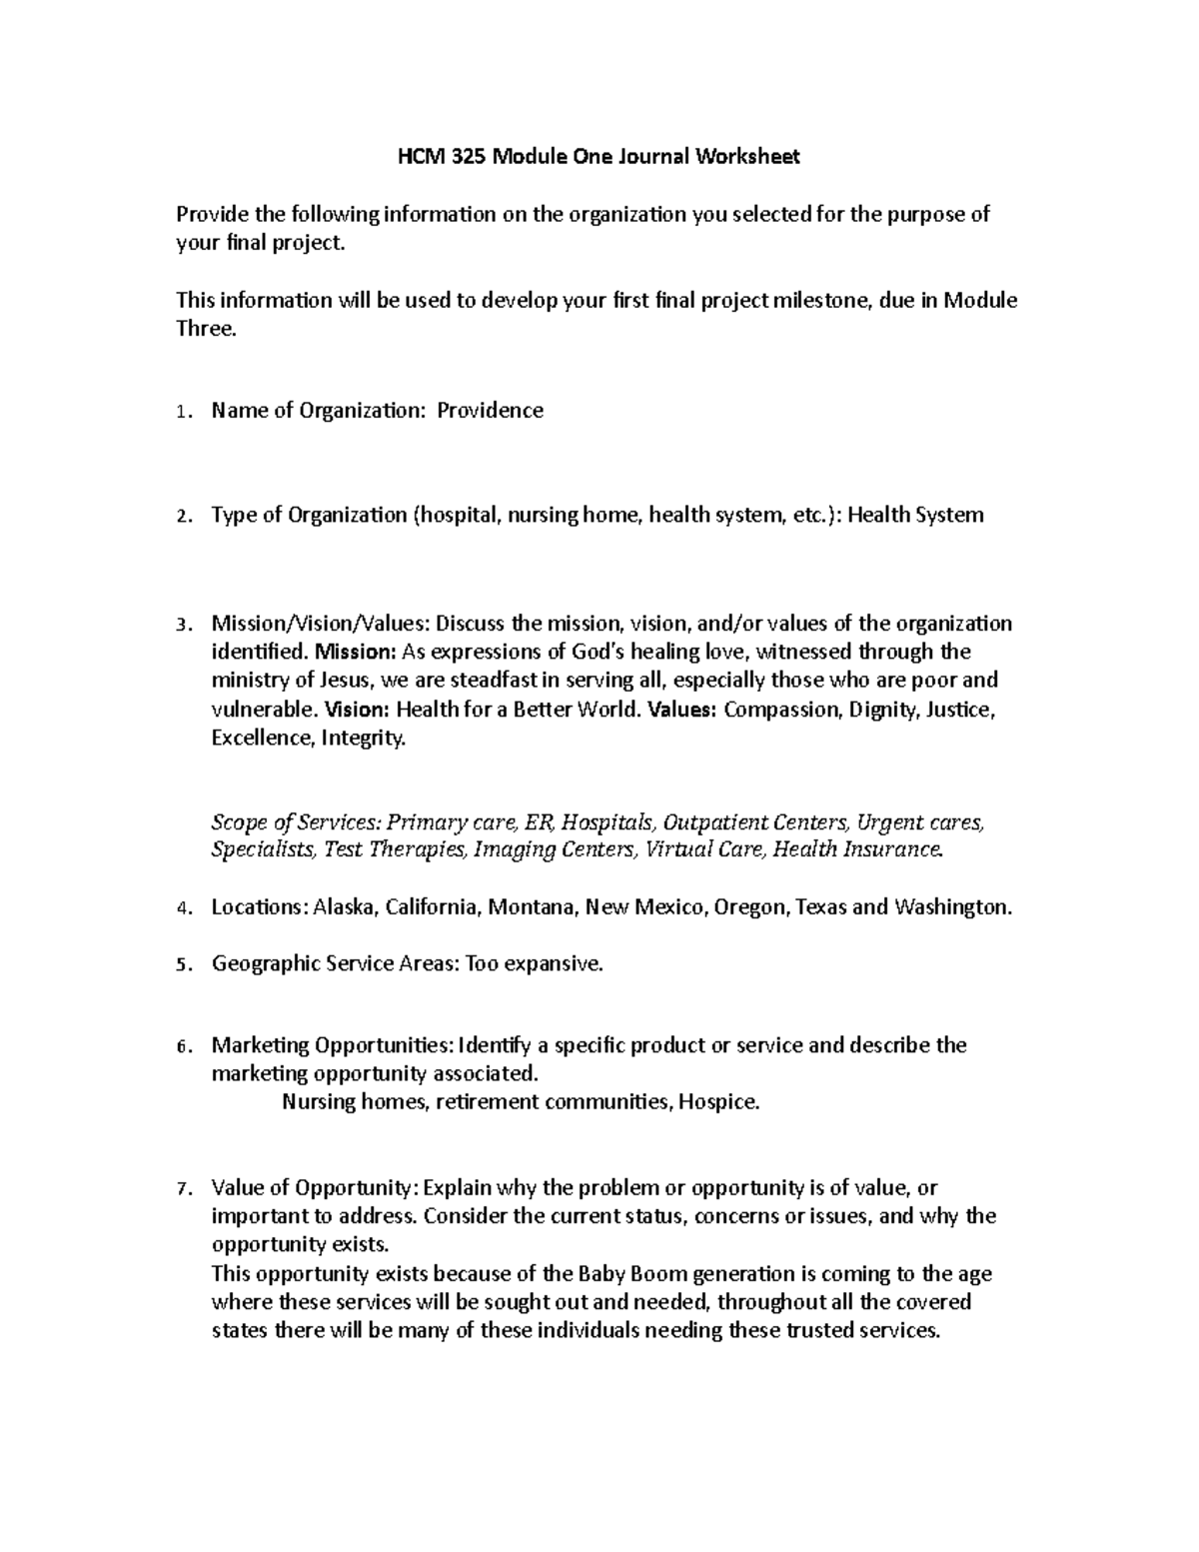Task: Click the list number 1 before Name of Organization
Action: [x=180, y=412]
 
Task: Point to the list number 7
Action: [x=180, y=1189]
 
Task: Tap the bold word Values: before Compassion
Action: [x=681, y=711]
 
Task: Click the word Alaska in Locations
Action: [x=346, y=907]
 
